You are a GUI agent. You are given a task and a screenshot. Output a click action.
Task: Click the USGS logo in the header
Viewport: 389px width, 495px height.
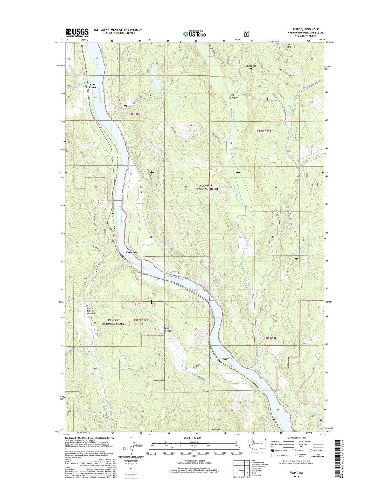point(77,33)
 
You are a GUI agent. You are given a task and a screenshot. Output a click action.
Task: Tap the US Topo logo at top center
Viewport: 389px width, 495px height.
point(195,34)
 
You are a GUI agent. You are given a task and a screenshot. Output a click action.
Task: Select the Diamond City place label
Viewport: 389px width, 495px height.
point(250,67)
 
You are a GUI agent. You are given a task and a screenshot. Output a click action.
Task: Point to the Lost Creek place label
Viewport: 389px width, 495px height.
point(93,86)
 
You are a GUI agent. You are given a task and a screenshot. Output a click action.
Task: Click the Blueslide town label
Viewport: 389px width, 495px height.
point(131,252)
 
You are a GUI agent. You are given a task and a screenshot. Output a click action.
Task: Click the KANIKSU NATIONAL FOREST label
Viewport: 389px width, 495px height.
point(114,322)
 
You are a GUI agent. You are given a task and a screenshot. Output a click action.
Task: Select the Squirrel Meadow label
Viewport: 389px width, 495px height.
point(169,329)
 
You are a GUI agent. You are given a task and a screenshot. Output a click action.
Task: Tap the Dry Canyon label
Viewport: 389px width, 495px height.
point(234,96)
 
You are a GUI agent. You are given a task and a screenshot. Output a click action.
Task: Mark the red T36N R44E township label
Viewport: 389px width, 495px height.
point(264,131)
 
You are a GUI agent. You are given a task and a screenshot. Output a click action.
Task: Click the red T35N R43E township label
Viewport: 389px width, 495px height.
point(141,320)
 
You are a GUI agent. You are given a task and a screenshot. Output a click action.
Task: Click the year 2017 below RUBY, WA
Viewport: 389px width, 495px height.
point(296,477)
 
